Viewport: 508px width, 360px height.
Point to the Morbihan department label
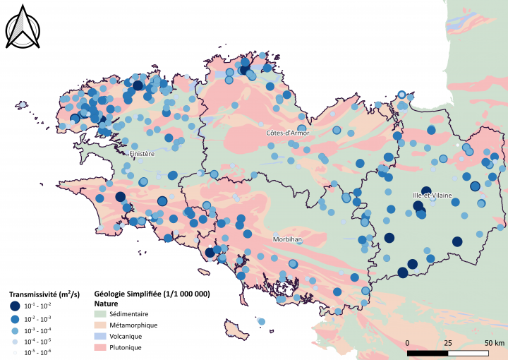pos(287,240)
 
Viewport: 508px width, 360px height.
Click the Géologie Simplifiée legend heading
pos(152,293)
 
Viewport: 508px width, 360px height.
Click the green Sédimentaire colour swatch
pos(102,313)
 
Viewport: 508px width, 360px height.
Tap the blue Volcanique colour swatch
pos(102,336)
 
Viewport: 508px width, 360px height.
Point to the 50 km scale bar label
pos(494,342)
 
